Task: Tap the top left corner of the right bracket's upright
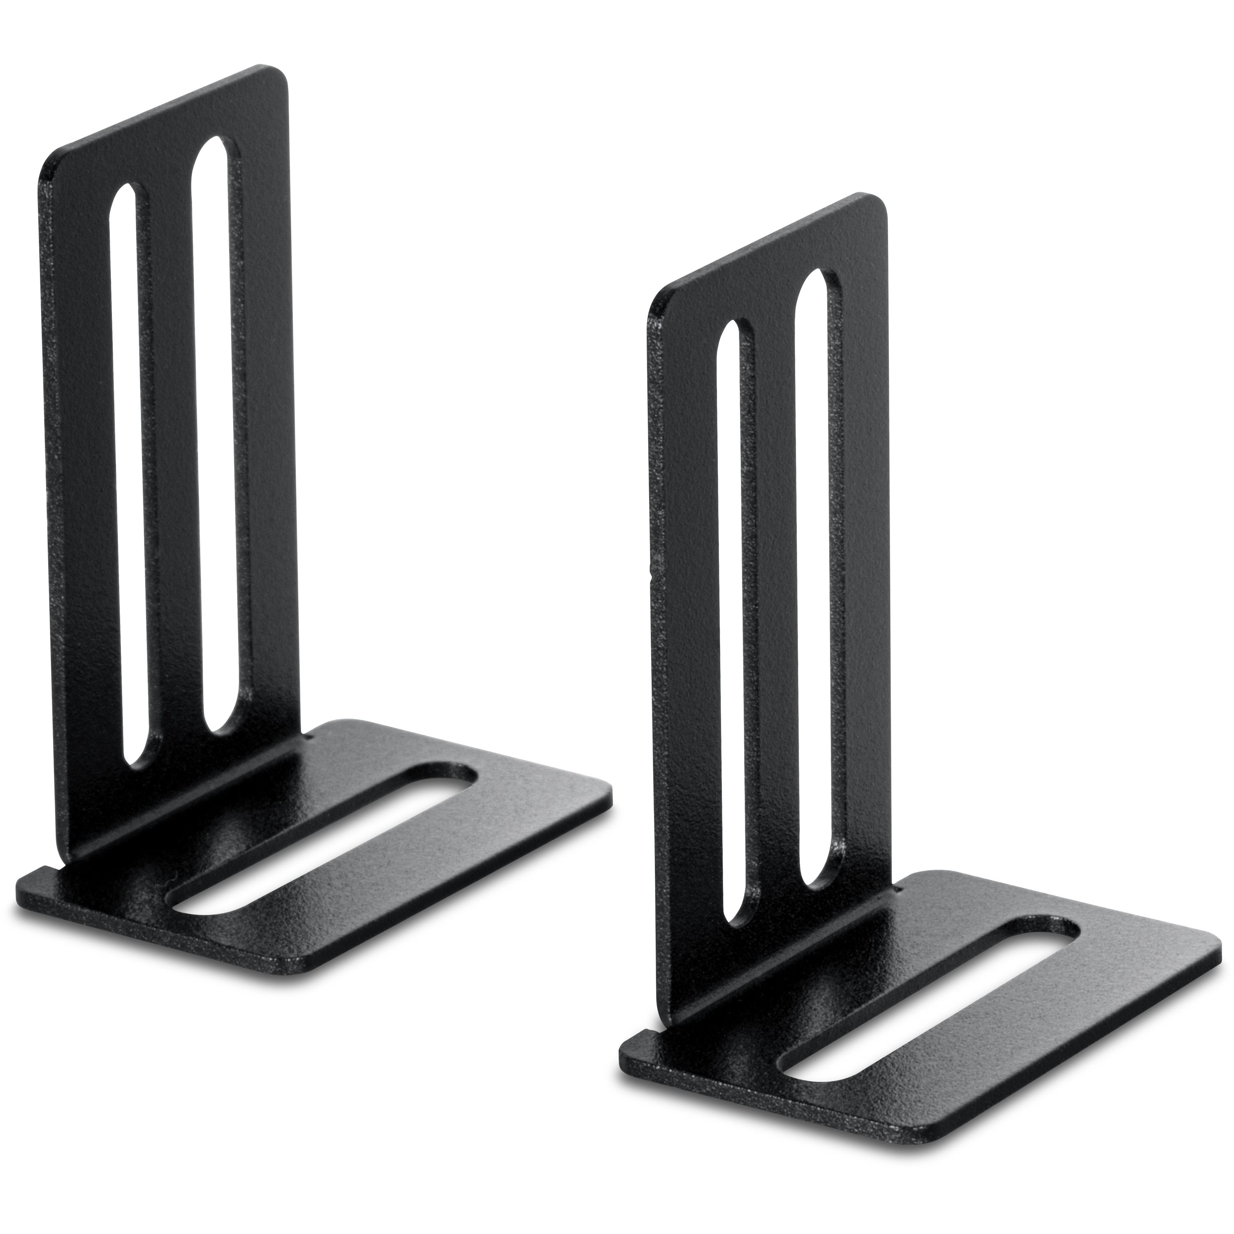[653, 308]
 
